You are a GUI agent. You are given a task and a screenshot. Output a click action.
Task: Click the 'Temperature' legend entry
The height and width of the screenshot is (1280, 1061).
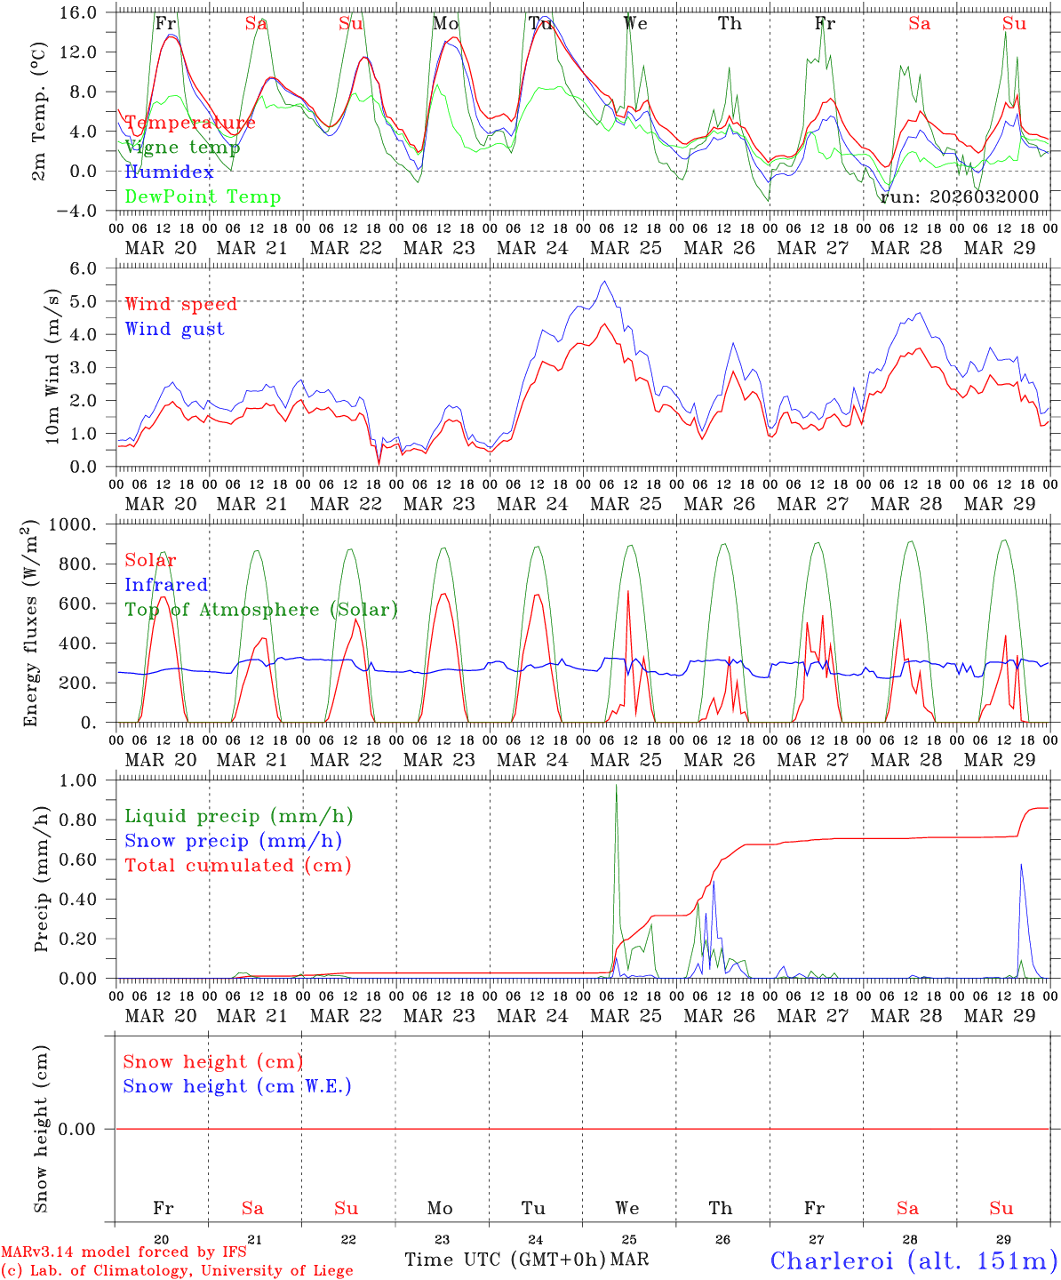[189, 123]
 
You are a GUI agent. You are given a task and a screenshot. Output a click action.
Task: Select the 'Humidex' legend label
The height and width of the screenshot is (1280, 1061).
[169, 172]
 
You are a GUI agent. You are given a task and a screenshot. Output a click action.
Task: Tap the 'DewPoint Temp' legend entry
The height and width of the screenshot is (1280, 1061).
[203, 196]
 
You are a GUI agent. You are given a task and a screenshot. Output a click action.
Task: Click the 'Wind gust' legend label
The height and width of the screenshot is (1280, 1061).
[174, 329]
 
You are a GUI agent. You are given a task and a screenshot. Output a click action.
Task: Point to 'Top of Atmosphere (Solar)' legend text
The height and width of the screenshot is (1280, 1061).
[260, 610]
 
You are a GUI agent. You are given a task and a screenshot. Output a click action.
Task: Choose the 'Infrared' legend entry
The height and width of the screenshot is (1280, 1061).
[166, 585]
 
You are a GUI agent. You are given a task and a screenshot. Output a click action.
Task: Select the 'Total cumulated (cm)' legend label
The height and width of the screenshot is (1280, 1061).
[237, 865]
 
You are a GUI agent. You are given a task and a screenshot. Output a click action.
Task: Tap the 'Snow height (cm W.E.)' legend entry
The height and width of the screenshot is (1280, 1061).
[237, 1086]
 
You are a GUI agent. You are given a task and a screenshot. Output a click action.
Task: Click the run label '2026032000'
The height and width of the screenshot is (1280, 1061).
[959, 196]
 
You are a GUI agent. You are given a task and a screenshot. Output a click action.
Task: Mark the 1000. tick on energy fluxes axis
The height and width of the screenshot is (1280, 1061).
[81, 524]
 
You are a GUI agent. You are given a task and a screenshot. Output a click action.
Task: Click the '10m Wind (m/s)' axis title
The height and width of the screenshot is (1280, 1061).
[52, 366]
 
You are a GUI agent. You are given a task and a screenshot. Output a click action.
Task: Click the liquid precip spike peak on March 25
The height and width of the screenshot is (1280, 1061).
[616, 785]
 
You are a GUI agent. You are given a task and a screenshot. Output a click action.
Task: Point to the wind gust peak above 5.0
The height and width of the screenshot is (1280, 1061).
[605, 281]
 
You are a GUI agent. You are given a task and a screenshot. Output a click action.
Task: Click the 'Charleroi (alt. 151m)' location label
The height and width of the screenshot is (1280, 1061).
[913, 1260]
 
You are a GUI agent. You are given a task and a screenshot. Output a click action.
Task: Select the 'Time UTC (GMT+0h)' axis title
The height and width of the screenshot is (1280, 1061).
[505, 1260]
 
